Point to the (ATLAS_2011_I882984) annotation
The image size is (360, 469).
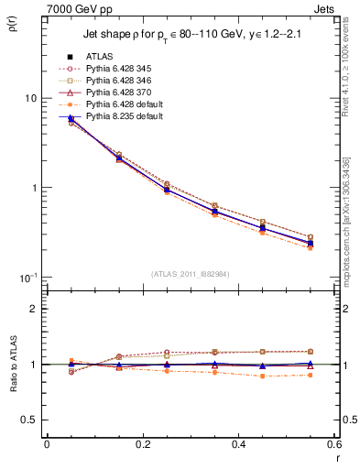[190, 273]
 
